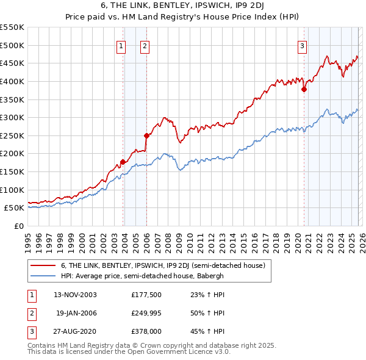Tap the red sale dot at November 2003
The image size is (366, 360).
[123, 162]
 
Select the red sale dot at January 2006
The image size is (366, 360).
[146, 135]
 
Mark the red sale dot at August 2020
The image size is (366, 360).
[304, 89]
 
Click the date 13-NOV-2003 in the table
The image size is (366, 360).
[75, 295]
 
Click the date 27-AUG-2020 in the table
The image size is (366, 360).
[75, 331]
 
